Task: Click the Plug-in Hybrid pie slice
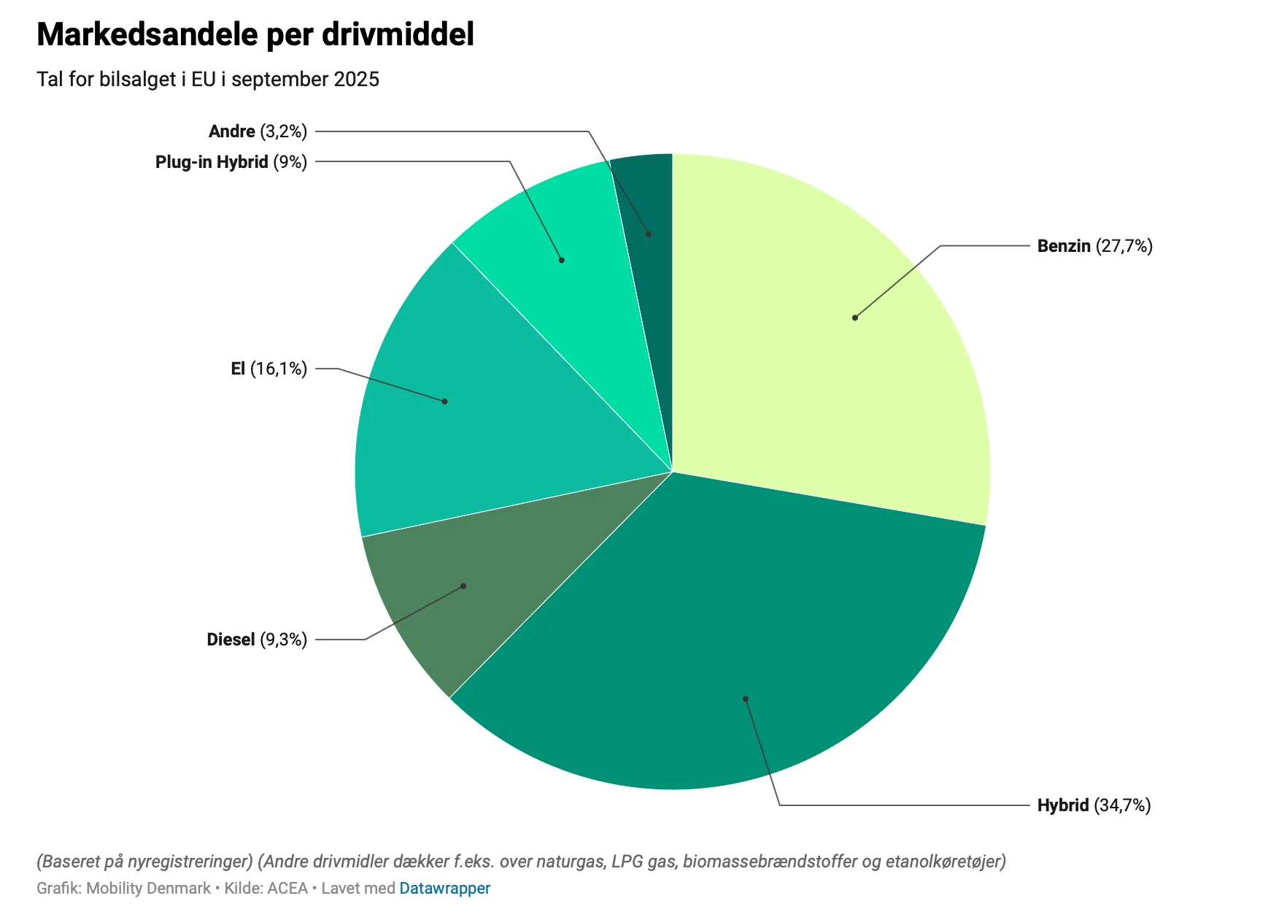[x=562, y=241]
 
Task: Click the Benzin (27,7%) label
[x=1094, y=246]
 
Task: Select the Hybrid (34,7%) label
[x=1094, y=805]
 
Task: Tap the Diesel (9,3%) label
[x=257, y=640]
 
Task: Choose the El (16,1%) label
[x=268, y=369]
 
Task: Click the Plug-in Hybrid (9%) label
[x=231, y=162]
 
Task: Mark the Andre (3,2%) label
[x=258, y=131]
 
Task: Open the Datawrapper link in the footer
[x=444, y=889]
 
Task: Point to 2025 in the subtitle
[x=356, y=80]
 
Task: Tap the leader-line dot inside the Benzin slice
[x=855, y=318]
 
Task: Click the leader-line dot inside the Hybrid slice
[x=746, y=699]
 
